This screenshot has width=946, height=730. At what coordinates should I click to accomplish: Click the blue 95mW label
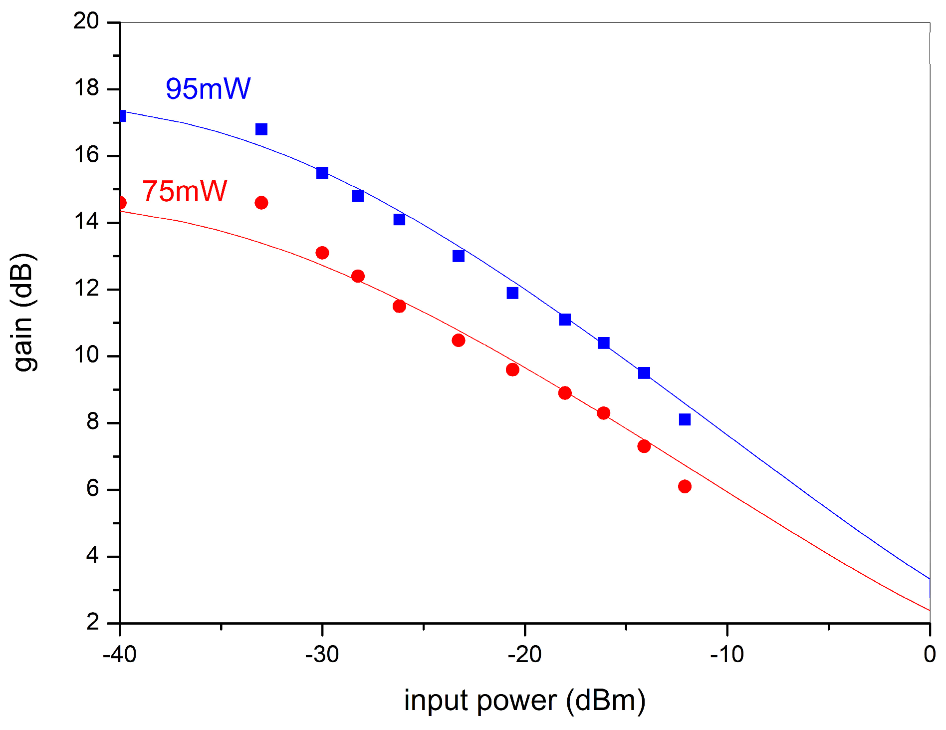tap(208, 89)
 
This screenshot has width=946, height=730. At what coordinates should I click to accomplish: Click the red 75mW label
tap(185, 191)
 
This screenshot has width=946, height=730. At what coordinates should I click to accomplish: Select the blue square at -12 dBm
tap(685, 419)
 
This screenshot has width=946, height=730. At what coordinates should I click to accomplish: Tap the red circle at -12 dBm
tap(685, 486)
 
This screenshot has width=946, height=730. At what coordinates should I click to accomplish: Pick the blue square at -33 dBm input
tap(261, 129)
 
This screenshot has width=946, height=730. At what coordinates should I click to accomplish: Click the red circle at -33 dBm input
tap(261, 203)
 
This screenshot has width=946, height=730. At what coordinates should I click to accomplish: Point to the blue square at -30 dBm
tap(322, 173)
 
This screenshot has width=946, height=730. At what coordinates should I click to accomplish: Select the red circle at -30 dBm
tap(322, 253)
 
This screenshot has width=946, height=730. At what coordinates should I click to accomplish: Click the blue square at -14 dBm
tap(644, 373)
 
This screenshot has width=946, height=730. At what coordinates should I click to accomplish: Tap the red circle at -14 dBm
tap(644, 446)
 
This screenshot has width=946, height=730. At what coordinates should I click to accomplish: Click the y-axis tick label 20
tap(86, 21)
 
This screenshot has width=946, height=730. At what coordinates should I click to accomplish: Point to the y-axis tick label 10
tap(86, 356)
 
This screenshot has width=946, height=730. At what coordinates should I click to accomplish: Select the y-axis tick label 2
tap(93, 623)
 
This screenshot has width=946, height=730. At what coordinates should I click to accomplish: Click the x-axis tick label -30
tap(322, 654)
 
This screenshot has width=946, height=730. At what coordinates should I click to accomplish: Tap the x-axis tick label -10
tap(727, 654)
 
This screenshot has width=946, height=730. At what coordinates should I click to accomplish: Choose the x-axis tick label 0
tap(930, 654)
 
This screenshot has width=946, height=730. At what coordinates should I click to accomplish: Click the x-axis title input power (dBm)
tap(525, 701)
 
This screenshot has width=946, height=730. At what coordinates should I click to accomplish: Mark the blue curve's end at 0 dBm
tap(929, 578)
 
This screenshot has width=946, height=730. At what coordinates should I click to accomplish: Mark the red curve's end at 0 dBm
tap(929, 610)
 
